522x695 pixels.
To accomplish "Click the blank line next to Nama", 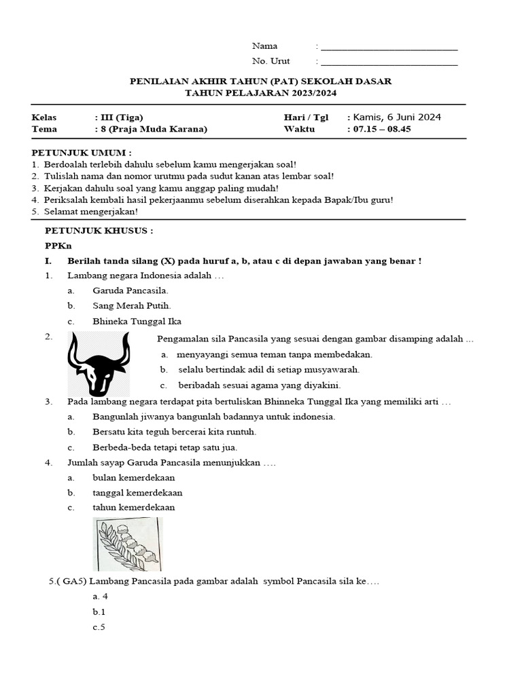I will point(389,48).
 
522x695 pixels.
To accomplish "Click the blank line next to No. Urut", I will point(389,62).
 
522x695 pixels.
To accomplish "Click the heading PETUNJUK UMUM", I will point(82,153).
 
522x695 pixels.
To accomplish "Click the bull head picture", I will point(99,364).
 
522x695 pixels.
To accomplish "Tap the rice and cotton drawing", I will point(128,544).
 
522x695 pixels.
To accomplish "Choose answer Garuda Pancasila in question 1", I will point(130,290).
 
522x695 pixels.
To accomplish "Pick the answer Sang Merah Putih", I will point(132,306).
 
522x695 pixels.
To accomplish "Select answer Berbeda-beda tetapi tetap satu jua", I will point(165,447).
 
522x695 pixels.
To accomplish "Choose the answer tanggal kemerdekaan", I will point(138,493).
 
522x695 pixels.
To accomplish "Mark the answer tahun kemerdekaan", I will point(134,508).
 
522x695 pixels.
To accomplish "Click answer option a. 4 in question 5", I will point(101,597).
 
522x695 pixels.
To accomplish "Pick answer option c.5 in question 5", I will point(99,627).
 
